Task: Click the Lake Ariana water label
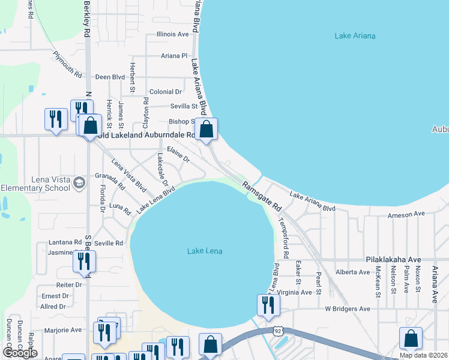pos(355,36)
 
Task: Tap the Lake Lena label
pos(205,251)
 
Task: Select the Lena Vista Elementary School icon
pos(79,182)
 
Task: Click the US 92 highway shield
pos(277,331)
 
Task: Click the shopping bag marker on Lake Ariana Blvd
pos(206,130)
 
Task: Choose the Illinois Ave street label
pos(172,35)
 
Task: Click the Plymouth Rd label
pos(67,65)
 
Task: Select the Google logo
pos(20,353)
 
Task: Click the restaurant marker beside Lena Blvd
pos(268,305)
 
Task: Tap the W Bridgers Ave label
pos(348,308)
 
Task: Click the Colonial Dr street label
pos(166,92)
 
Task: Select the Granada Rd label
pos(110,181)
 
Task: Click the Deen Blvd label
pos(110,77)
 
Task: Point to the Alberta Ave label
pos(353,272)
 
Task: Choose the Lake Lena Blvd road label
pos(155,199)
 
